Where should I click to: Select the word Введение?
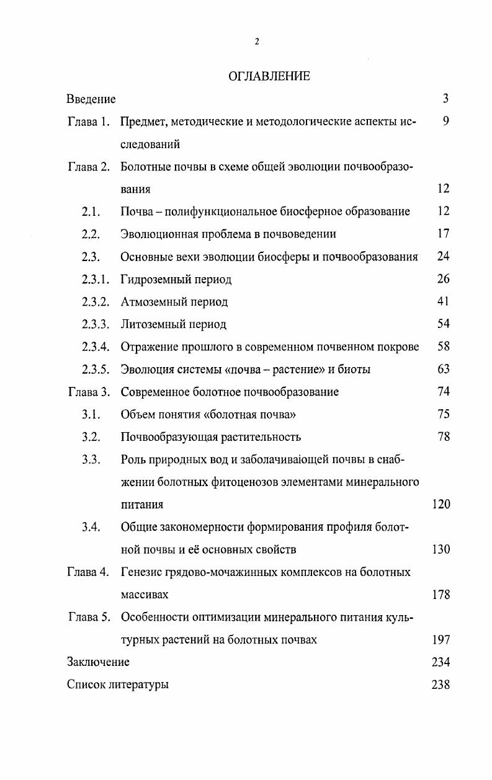pos(91,99)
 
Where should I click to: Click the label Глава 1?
pos(88,122)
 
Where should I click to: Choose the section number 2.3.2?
pos(95,302)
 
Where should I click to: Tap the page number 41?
pos(443,302)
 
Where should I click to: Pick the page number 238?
pos(441,685)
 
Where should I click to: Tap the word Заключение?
pos(98,662)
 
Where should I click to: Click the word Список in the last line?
pos(84,685)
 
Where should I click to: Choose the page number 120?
pos(441,505)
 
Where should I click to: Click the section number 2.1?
pos(91,212)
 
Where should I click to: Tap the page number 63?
pos(443,370)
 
